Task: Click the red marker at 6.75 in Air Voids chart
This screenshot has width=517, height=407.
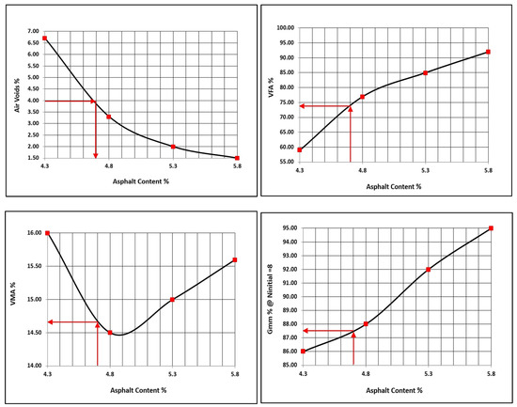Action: (44, 38)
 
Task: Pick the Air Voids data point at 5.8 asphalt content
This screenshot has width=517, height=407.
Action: (237, 158)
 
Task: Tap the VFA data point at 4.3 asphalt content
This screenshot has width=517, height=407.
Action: (300, 149)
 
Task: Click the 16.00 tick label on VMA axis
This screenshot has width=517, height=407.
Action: (30, 233)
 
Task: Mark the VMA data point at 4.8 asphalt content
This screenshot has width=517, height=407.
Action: (110, 333)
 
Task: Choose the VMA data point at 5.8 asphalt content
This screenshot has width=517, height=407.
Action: (235, 260)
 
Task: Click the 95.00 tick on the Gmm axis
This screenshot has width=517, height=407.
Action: (286, 228)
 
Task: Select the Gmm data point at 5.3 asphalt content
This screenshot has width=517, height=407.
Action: (429, 270)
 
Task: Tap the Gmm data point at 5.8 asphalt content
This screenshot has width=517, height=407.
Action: (491, 228)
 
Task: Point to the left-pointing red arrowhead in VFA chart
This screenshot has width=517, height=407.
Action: (304, 106)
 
